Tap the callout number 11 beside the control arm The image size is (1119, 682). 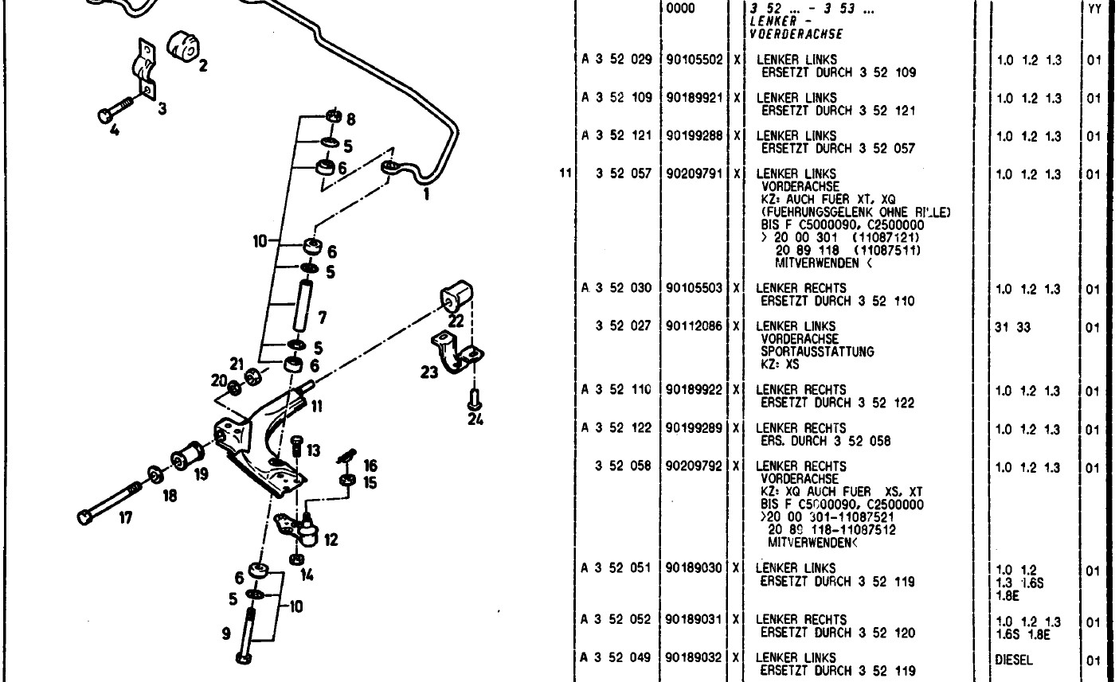tap(316, 406)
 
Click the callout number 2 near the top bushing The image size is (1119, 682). tap(203, 67)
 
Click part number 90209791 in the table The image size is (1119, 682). tap(694, 173)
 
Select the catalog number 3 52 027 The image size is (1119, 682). tap(624, 326)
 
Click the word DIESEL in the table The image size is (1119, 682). tap(1014, 658)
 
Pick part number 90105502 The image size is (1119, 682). tap(694, 60)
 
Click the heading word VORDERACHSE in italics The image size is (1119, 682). tap(796, 34)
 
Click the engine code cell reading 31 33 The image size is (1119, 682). tap(1013, 326)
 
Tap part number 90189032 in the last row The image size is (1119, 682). tap(694, 658)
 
